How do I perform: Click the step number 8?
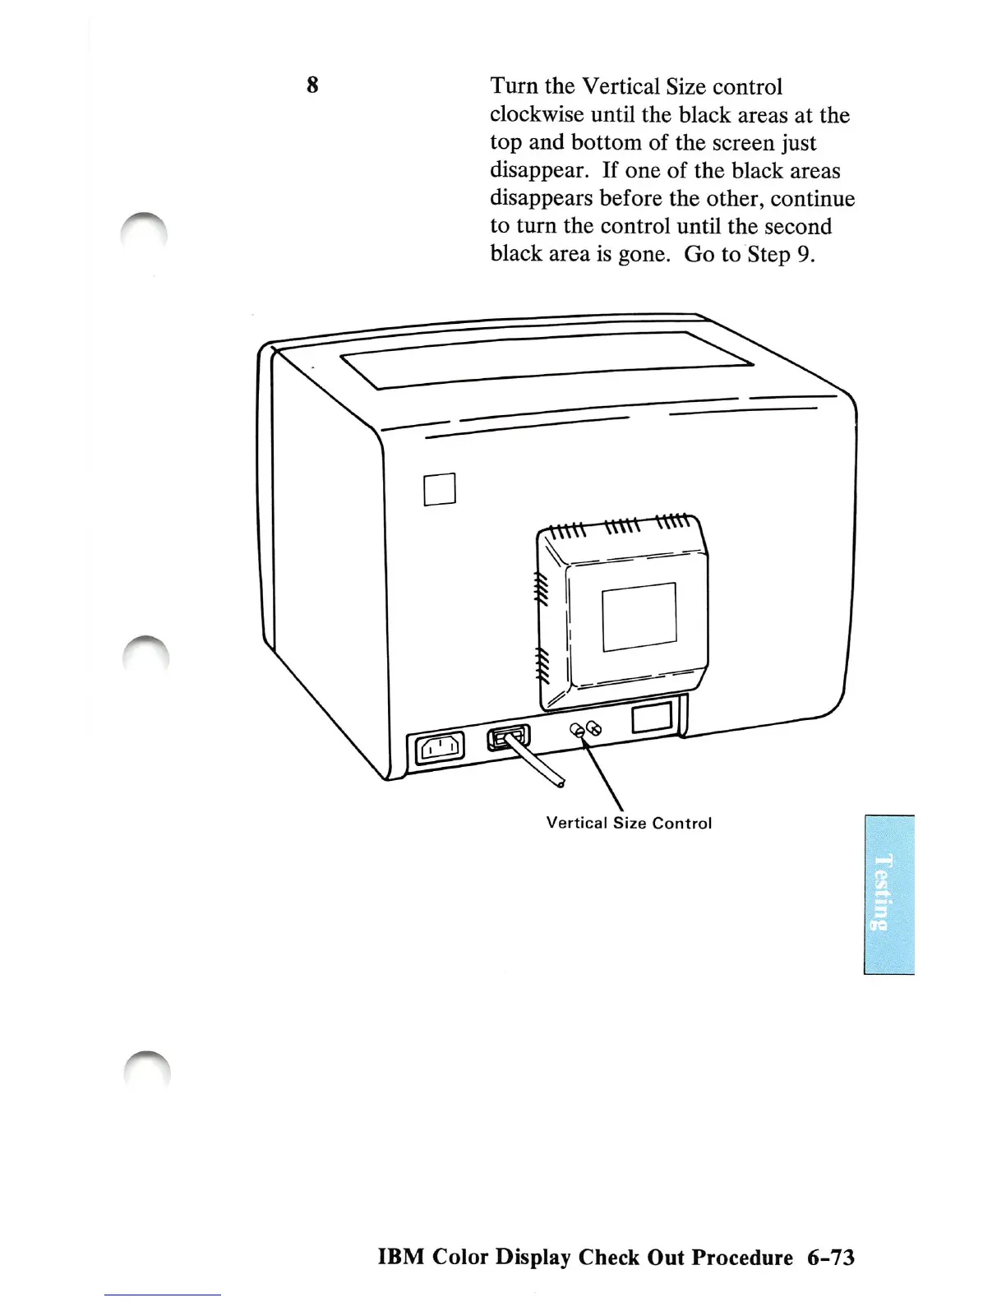tap(312, 85)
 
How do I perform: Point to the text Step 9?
tap(780, 255)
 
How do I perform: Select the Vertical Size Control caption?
tap(629, 823)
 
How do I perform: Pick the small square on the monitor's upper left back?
tap(440, 489)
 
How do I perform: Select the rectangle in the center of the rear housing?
tap(639, 616)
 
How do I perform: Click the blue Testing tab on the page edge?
tap(888, 894)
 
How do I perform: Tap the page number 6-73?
tap(830, 1258)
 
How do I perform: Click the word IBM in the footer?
tap(400, 1258)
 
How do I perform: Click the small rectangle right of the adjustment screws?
tap(652, 718)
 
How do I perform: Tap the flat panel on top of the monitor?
tap(547, 360)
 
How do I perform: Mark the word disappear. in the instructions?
tap(539, 171)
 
